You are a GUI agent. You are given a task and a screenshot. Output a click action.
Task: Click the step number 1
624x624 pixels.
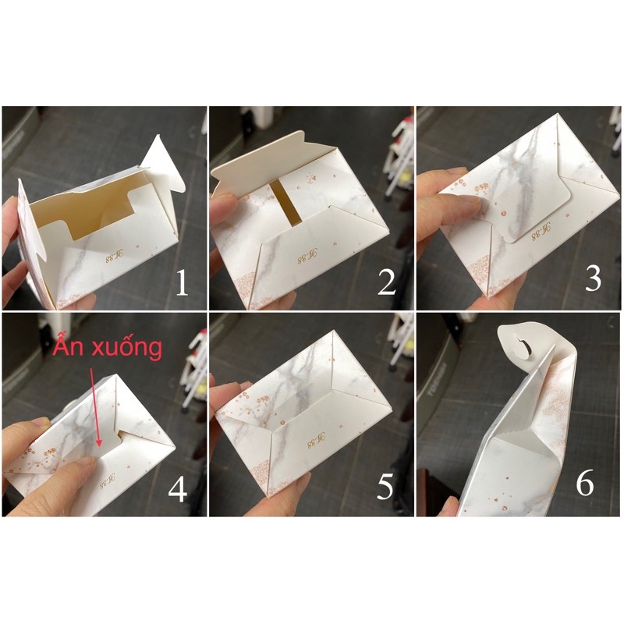pyautogui.click(x=182, y=283)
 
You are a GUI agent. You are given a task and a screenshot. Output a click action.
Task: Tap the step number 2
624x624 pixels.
pyautogui.click(x=387, y=283)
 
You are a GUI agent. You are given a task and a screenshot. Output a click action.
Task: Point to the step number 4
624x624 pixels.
pyautogui.click(x=178, y=489)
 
